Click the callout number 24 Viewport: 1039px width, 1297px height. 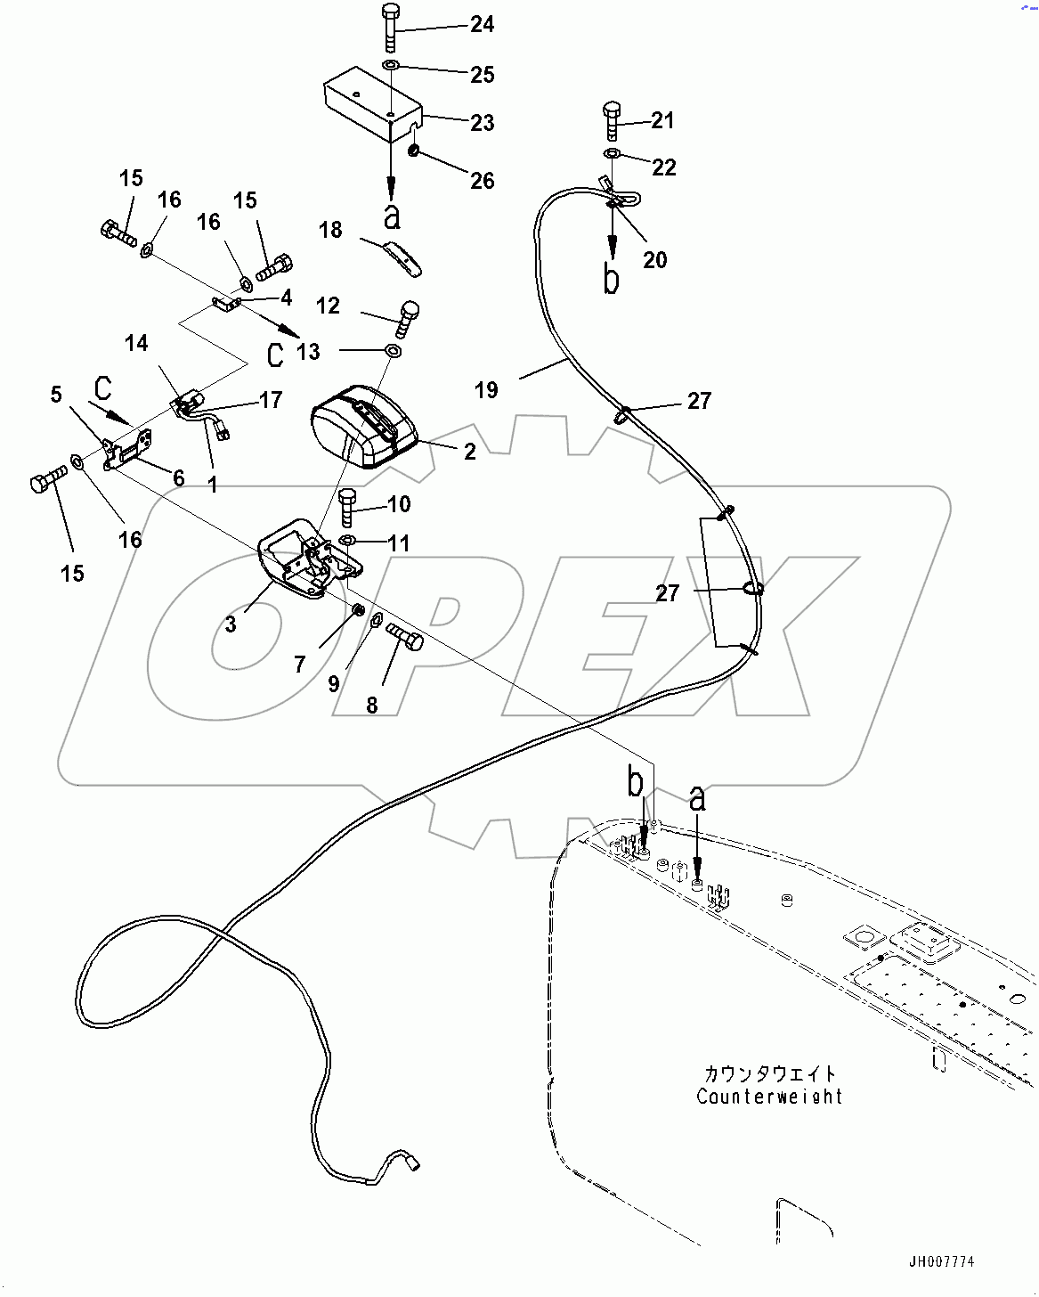coord(482,24)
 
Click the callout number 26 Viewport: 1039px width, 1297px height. coord(482,181)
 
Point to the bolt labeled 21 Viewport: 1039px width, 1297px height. coord(611,120)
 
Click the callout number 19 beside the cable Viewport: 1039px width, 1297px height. coord(486,390)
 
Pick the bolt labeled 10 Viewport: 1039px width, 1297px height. coord(348,507)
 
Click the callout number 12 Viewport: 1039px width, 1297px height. coord(328,306)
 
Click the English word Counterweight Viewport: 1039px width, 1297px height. coord(769,1097)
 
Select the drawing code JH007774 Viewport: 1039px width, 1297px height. coord(941,1261)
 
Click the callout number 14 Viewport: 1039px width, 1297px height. coord(136,343)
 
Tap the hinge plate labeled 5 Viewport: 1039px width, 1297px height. coord(127,449)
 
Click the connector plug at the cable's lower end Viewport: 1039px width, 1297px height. coord(412,1162)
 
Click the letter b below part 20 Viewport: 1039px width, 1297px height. coord(611,279)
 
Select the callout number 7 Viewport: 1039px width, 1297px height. coord(300,665)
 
